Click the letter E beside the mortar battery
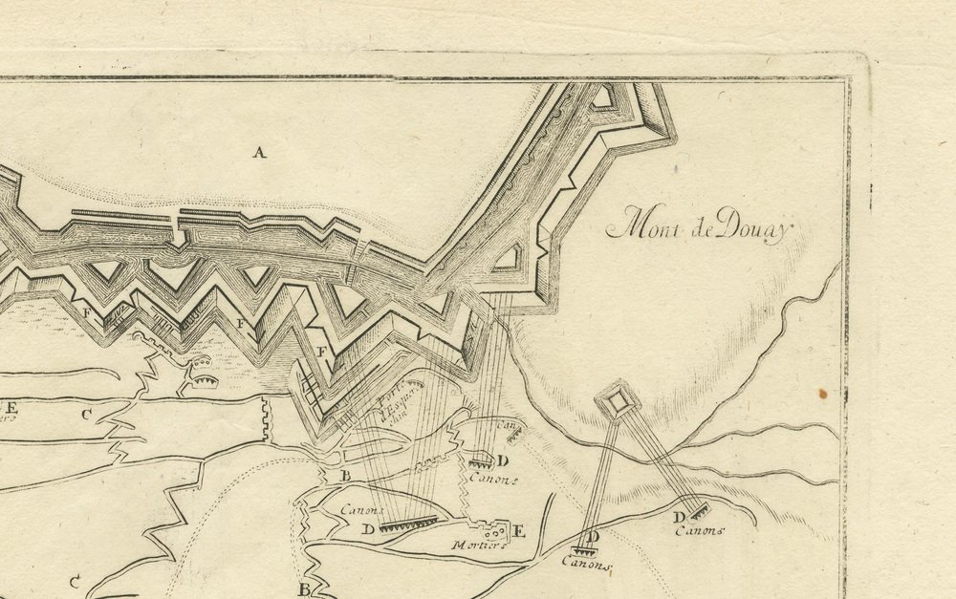pyautogui.click(x=520, y=531)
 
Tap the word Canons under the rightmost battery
pyautogui.click(x=701, y=531)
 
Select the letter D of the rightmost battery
pyautogui.click(x=679, y=518)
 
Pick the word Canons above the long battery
pyautogui.click(x=361, y=510)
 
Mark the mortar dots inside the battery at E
pyautogui.click(x=494, y=531)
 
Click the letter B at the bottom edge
pyautogui.click(x=304, y=589)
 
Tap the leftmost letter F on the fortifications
pyautogui.click(x=89, y=312)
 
